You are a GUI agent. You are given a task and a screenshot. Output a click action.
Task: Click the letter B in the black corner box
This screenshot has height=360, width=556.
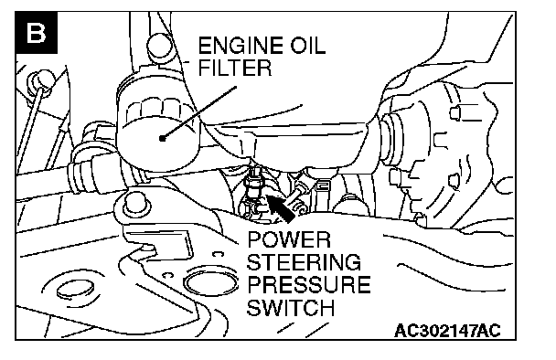pyautogui.click(x=36, y=33)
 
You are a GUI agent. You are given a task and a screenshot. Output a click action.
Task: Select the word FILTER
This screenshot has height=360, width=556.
pyautogui.click(x=235, y=68)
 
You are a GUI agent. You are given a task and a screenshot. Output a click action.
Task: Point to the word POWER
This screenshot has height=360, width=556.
pyautogui.click(x=289, y=240)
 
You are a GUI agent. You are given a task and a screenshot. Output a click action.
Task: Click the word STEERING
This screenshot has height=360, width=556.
pyautogui.click(x=304, y=262)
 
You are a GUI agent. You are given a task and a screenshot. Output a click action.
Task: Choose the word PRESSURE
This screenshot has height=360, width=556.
pyautogui.click(x=308, y=284)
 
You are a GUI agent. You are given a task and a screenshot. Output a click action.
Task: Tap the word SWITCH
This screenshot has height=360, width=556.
pyautogui.click(x=291, y=307)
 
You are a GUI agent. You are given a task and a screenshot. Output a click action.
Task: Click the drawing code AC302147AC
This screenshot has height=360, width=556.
pyautogui.click(x=447, y=331)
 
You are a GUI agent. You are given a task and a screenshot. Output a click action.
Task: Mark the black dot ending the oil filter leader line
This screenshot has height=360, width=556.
pyautogui.click(x=163, y=138)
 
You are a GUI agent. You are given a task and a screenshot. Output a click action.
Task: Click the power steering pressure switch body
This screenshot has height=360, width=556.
pyautogui.click(x=254, y=185)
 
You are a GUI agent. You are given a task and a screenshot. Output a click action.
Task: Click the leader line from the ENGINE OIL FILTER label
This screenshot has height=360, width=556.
pyautogui.click(x=199, y=112)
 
